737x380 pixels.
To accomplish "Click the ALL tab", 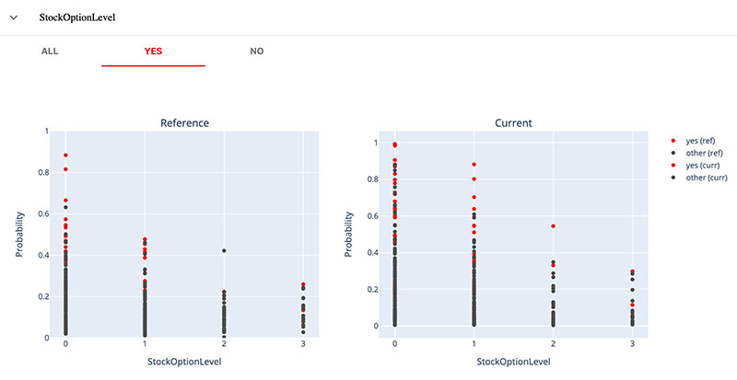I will (x=50, y=52).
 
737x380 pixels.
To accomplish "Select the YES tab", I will (x=153, y=52).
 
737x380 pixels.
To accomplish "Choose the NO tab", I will (x=257, y=52).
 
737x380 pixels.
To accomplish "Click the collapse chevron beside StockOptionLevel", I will (x=14, y=17).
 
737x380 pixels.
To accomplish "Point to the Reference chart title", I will (x=184, y=122).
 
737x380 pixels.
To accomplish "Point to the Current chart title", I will (x=513, y=122).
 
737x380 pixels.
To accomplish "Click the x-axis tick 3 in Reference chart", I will (x=303, y=344).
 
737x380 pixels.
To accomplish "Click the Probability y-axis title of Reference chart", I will (x=18, y=235).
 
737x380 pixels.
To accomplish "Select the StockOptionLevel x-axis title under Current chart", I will (x=513, y=362).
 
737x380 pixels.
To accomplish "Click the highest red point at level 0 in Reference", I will (x=66, y=155).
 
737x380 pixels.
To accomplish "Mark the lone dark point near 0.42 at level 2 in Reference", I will (x=224, y=251).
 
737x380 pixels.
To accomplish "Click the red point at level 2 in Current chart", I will (x=553, y=225).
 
